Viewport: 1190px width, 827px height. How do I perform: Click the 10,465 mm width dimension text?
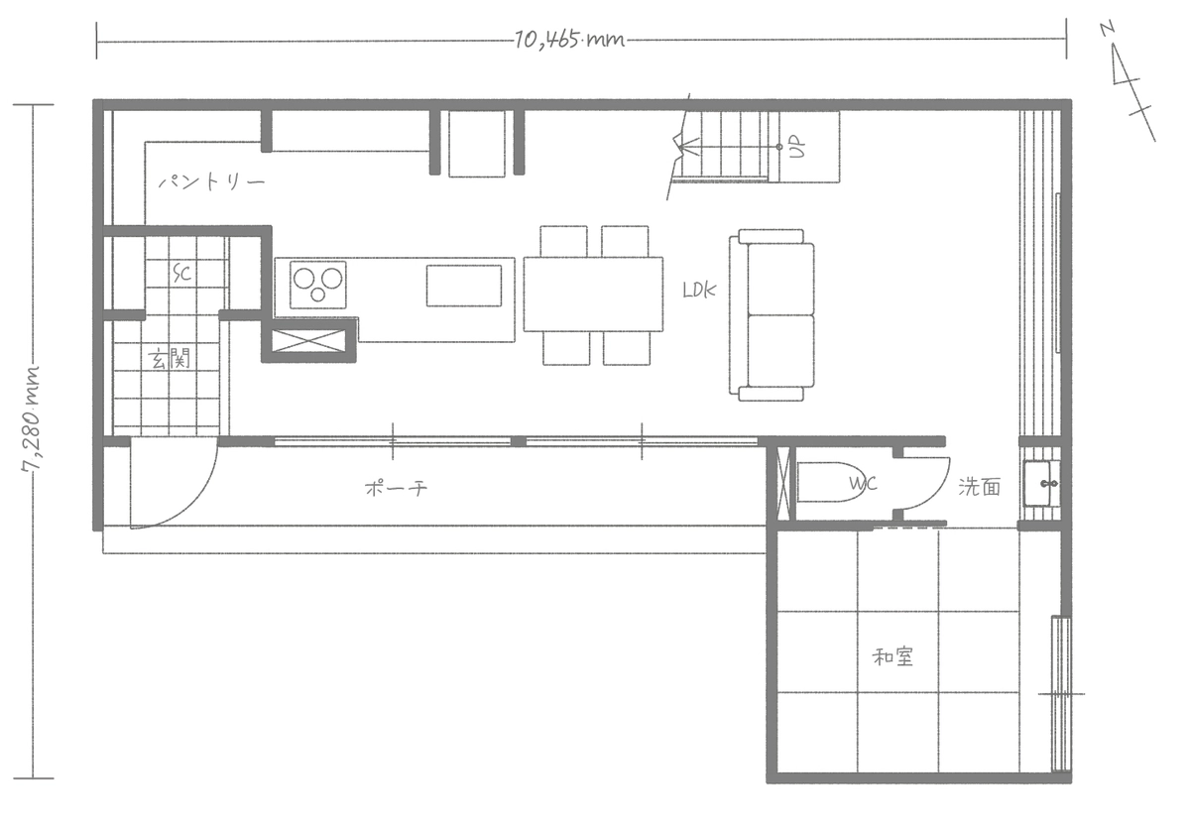(569, 41)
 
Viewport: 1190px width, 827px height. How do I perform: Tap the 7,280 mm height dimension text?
(32, 418)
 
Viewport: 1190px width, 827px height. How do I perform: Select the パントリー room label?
(211, 182)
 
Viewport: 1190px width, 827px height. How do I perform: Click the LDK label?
(699, 290)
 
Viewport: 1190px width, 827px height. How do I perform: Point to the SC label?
(182, 274)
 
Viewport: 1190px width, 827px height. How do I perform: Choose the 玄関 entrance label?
(169, 359)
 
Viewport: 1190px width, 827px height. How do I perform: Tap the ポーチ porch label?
(397, 488)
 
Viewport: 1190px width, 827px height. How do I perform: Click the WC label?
(863, 483)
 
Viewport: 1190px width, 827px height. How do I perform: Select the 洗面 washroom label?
(980, 487)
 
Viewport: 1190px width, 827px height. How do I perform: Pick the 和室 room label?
(892, 657)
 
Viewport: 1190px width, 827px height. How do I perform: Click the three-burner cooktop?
(318, 285)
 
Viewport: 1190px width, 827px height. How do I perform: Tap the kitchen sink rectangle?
(464, 286)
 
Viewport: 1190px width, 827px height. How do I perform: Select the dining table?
(593, 295)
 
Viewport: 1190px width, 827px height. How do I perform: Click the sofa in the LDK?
(772, 315)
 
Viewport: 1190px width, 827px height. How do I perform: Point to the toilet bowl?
(832, 482)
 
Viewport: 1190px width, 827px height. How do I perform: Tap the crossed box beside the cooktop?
(308, 340)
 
